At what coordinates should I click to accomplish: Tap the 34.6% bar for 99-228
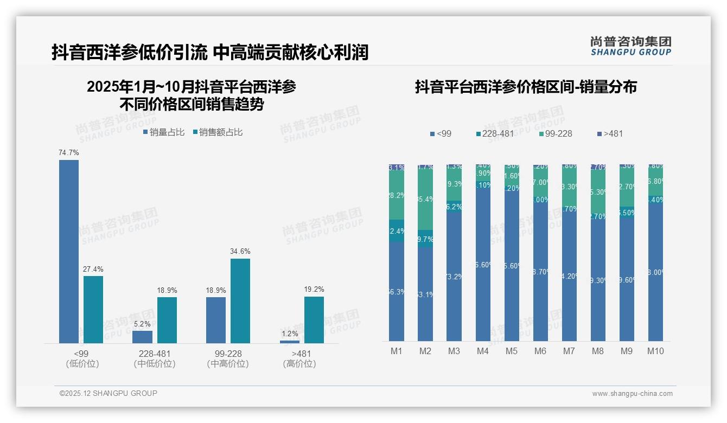pos(240,300)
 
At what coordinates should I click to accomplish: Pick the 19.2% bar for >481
pos(314,319)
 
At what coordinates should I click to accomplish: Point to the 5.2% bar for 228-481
pos(142,337)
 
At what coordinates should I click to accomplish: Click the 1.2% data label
pos(290,334)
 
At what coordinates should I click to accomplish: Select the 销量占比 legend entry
pos(163,132)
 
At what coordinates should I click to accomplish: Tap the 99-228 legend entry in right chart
pos(556,133)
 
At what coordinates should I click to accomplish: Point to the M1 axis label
pos(397,351)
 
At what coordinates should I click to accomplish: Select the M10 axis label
pos(655,351)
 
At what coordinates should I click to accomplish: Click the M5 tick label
pos(512,351)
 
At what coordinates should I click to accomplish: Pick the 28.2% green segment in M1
pos(397,195)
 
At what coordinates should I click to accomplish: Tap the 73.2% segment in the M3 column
pos(454,277)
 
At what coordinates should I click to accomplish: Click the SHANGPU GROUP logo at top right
pos(630,46)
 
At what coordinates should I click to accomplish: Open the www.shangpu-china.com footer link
pos(632,394)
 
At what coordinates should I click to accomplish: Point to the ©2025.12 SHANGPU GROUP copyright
pos(109,393)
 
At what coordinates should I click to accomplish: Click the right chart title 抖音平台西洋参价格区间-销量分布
pos(525,87)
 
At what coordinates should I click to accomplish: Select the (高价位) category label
pos(299,364)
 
